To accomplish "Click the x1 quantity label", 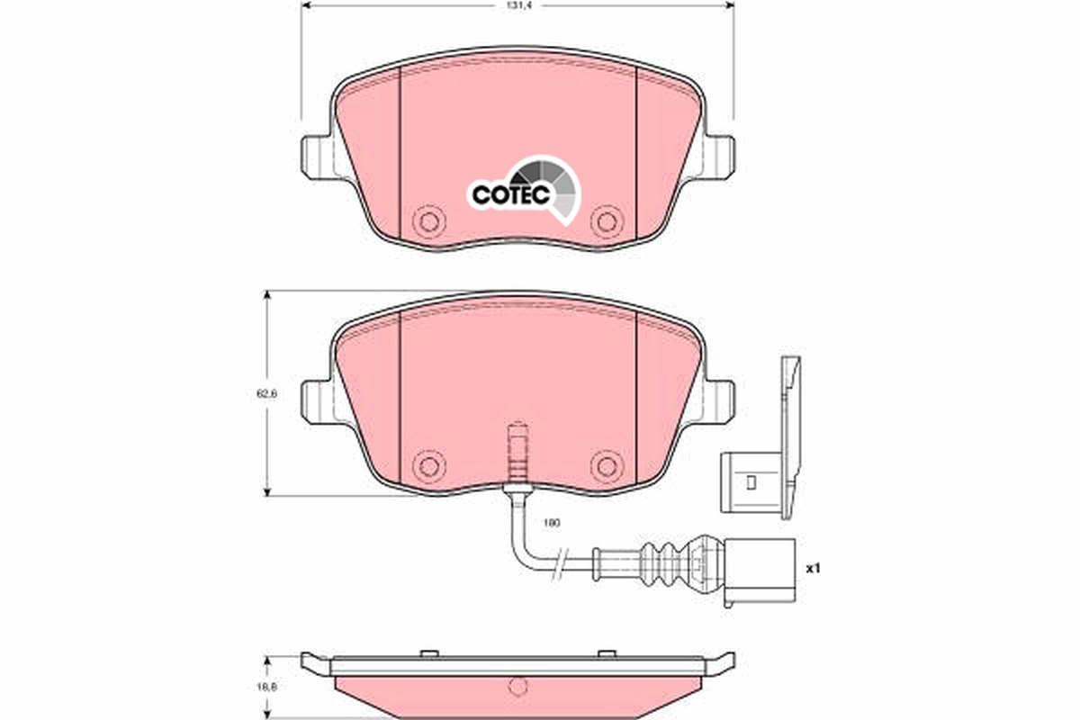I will (x=813, y=569).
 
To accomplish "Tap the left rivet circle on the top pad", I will (x=428, y=220).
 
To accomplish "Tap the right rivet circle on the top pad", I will (x=605, y=220).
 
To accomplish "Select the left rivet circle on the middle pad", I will (x=428, y=464).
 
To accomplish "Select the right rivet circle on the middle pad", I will (x=605, y=464).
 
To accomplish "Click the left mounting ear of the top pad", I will (x=316, y=157).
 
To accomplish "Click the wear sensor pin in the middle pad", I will (x=517, y=454).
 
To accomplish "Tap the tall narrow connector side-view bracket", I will (x=790, y=432).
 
